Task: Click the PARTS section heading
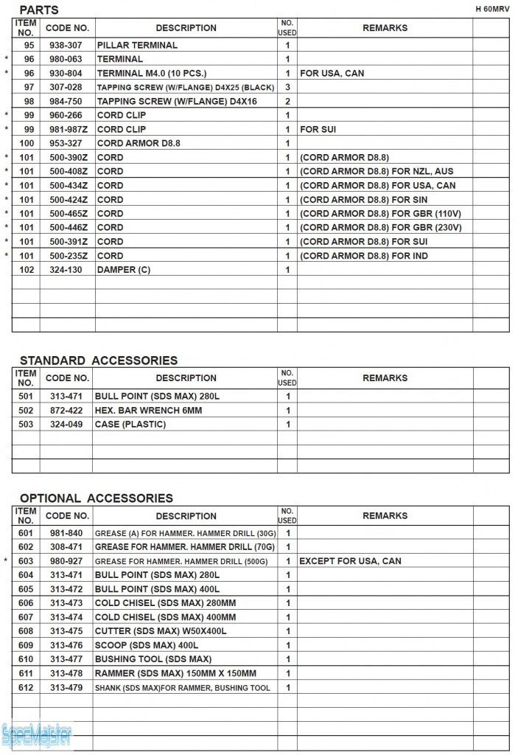(38, 10)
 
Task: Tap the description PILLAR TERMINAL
(137, 45)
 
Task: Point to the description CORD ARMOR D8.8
(139, 143)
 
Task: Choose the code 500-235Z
(67, 256)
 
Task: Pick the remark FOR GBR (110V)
(380, 214)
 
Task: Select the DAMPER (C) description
(123, 270)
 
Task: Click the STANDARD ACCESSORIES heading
(98, 361)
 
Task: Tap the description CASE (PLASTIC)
(130, 425)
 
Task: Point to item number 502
(26, 411)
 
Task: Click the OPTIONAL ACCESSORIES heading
(96, 498)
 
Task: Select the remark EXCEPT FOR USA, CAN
(350, 561)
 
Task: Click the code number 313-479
(66, 688)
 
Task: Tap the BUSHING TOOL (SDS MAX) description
(153, 659)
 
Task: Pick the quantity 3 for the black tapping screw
(287, 87)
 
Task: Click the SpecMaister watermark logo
(37, 734)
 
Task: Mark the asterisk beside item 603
(7, 561)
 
